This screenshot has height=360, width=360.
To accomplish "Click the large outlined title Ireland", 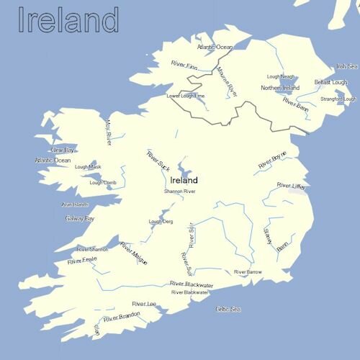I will tap(68, 21).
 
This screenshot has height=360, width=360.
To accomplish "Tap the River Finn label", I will tap(184, 66).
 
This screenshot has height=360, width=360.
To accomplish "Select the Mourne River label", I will tap(226, 81).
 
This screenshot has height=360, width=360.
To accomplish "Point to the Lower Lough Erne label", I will tap(186, 96).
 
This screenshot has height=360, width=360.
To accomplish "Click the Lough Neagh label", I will tap(281, 76).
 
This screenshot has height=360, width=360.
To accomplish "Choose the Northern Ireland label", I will tap(280, 88).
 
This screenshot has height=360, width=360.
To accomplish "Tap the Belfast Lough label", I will tap(330, 82).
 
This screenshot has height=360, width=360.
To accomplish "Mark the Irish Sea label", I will tap(346, 66).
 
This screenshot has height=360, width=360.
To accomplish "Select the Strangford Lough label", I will tap(338, 99).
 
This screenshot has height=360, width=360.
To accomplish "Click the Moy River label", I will tap(109, 132).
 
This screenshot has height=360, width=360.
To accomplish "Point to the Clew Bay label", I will tap(63, 150).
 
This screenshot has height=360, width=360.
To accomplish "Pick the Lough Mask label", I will tap(88, 166).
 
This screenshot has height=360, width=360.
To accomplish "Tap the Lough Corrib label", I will tap(102, 182).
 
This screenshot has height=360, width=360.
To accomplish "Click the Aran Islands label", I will tap(75, 204).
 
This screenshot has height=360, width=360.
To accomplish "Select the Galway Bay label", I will tap(79, 217).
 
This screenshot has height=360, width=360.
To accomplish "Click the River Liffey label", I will tap(292, 186).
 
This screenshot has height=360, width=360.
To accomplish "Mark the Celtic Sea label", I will tap(228, 309).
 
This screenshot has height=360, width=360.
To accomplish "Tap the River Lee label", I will tap(144, 304).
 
